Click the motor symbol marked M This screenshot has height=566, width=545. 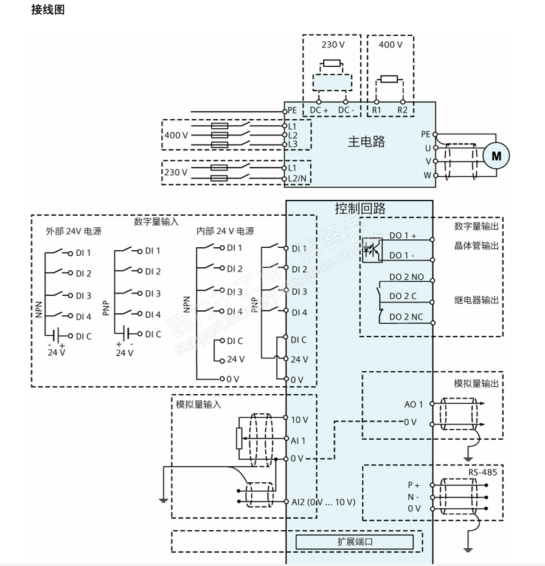tap(496, 156)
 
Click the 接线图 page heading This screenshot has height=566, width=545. tap(47, 10)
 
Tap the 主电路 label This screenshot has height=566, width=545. tap(366, 141)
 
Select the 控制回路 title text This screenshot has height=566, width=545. tap(360, 209)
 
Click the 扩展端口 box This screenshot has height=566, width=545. tap(355, 542)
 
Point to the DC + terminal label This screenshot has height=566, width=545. tap(319, 110)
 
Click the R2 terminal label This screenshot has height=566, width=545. tap(402, 110)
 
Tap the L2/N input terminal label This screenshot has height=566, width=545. tap(297, 179)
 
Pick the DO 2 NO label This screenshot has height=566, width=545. tap(406, 277)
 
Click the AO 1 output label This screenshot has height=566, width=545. tap(414, 404)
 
